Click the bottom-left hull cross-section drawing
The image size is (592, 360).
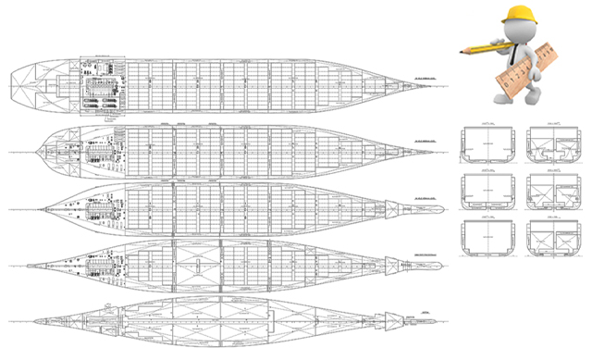(x=487, y=236)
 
